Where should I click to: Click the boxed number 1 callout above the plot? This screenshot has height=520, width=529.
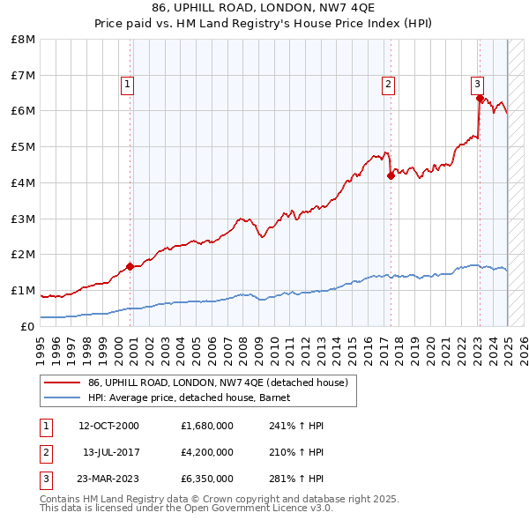point(127,85)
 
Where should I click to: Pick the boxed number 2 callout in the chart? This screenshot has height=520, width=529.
point(388,85)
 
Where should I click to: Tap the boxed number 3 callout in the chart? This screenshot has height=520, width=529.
point(477,85)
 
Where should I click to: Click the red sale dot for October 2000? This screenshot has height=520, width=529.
point(130,265)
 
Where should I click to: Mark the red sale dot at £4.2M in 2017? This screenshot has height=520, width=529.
point(391,175)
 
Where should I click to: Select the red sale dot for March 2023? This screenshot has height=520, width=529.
point(480,99)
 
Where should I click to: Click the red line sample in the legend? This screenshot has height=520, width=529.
point(63,383)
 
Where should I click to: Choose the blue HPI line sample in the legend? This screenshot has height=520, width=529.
point(63,397)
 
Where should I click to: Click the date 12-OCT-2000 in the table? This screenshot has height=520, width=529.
point(109,426)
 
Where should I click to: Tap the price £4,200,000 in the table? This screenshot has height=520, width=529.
point(206,452)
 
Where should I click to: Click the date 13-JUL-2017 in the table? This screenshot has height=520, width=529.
point(111,452)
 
